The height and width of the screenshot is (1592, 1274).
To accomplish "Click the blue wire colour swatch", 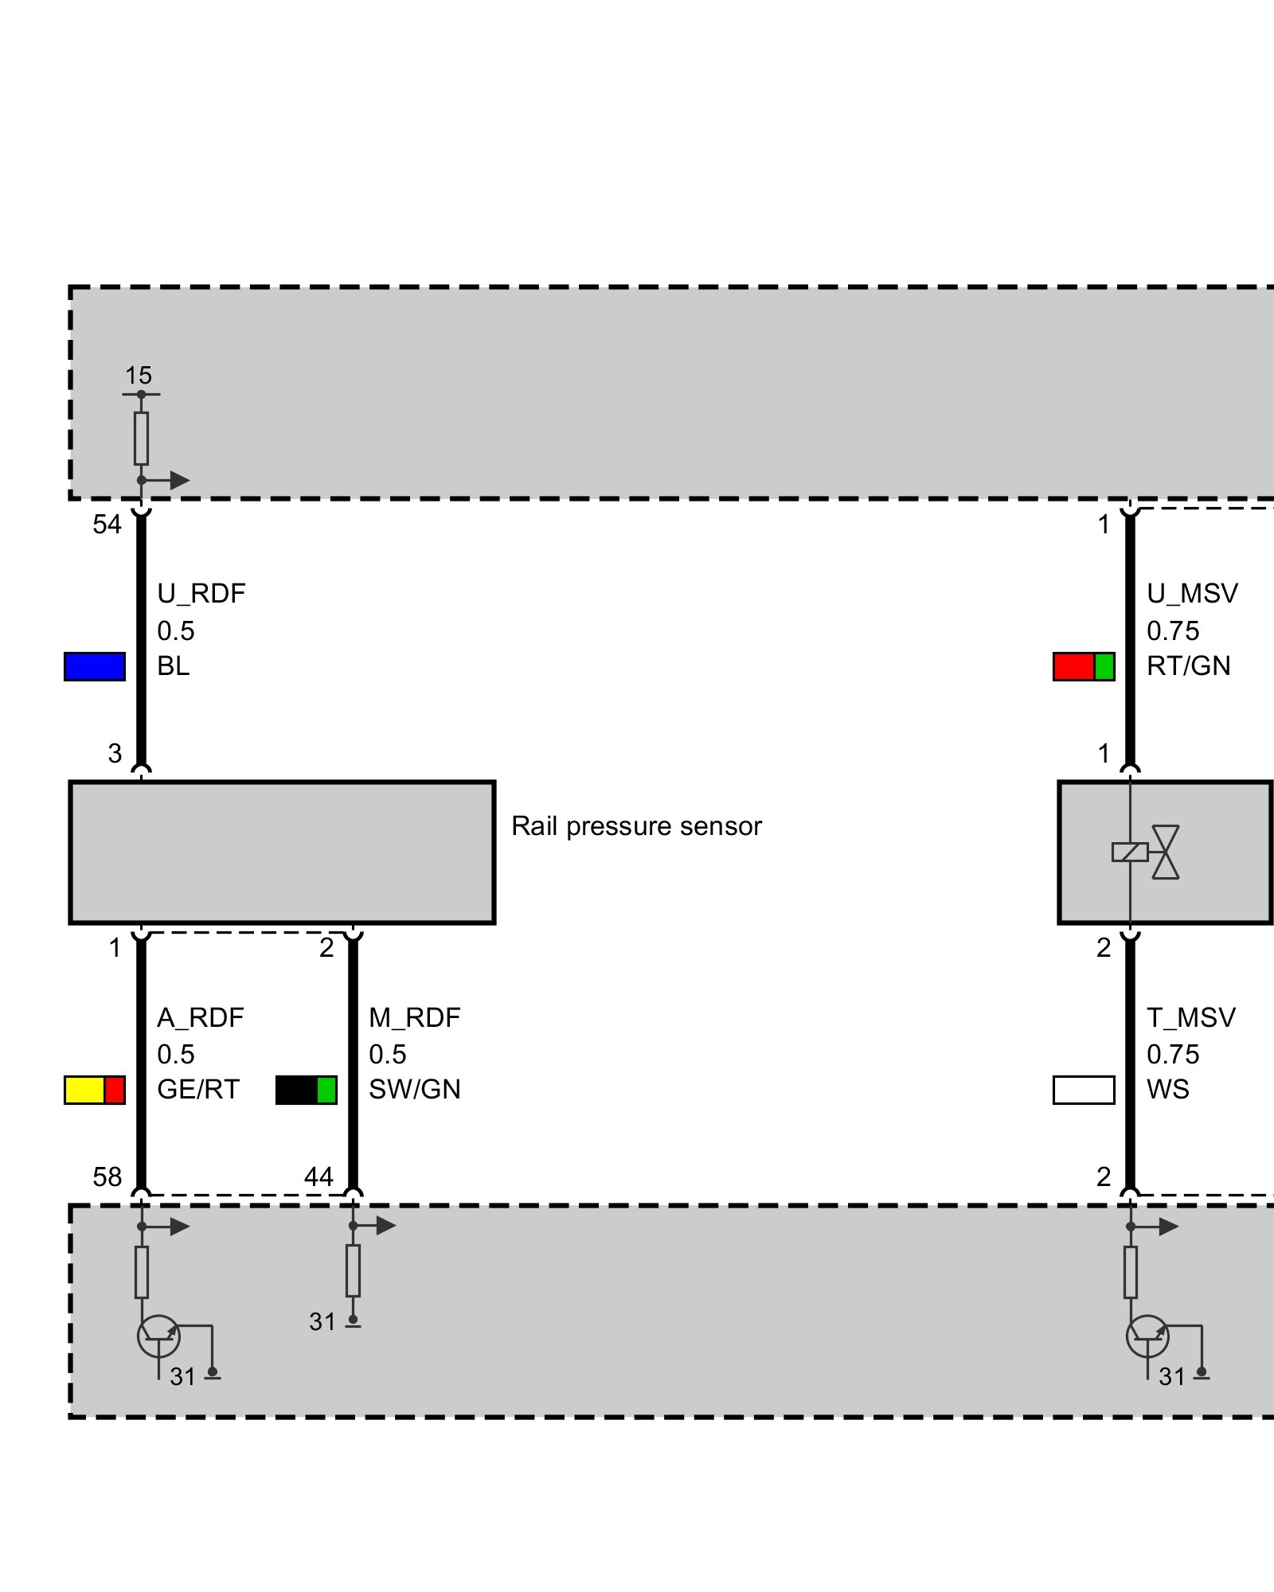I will (95, 666).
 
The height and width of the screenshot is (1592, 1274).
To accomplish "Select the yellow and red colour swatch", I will (95, 1090).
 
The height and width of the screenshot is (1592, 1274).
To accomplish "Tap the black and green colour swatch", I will (307, 1090).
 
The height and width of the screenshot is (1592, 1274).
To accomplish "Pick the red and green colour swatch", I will (1084, 666).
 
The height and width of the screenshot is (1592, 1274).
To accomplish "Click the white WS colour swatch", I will (1084, 1090).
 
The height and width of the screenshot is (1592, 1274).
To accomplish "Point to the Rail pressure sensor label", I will (636, 826).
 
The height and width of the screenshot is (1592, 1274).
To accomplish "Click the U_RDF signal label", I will (201, 594).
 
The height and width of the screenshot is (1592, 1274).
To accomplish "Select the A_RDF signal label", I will (201, 1017).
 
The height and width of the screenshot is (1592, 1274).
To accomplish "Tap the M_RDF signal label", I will (415, 1017).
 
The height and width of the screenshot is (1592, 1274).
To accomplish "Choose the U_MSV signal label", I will (1192, 594).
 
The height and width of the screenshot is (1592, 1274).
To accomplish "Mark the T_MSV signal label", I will (1191, 1017).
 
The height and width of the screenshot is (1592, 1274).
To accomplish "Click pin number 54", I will (107, 525).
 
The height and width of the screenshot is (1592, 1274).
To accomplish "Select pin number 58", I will (107, 1176).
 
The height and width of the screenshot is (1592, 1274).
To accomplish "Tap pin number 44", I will (319, 1176).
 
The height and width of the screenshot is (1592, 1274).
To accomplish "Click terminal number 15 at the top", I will (139, 376).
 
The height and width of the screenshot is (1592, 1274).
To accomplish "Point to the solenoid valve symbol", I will (1147, 852).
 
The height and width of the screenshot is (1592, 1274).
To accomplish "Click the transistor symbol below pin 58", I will (159, 1336).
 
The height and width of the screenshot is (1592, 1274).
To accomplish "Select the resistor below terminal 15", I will (141, 438).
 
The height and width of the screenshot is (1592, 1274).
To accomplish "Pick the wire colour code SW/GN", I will (415, 1090).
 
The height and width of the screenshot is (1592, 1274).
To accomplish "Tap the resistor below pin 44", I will (353, 1271).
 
